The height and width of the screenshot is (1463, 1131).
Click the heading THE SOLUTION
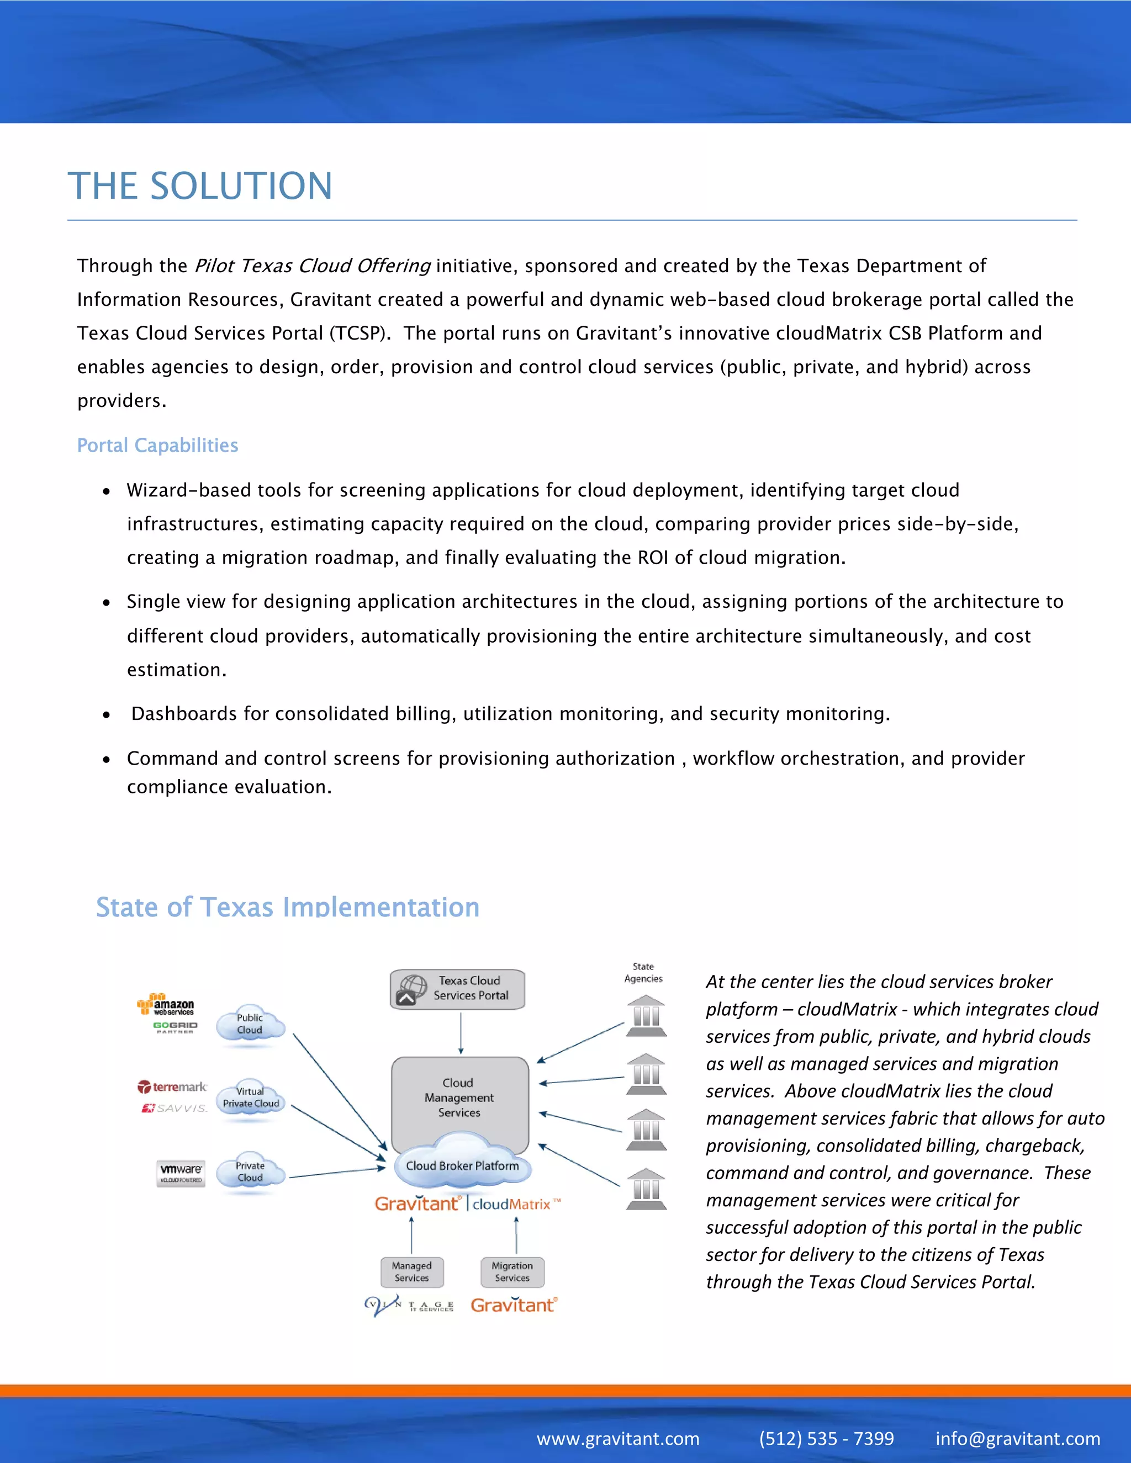point(200,185)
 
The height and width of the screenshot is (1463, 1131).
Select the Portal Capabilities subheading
point(157,446)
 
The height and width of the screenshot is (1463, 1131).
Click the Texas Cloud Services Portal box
point(458,989)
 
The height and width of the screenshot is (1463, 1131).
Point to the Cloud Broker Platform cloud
point(462,1165)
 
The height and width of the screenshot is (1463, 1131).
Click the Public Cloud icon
point(250,1024)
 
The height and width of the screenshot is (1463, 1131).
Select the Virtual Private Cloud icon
point(251,1098)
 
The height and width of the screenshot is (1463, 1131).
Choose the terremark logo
point(173,1086)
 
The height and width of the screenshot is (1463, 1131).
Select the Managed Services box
point(411,1271)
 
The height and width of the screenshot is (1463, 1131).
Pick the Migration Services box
point(512,1271)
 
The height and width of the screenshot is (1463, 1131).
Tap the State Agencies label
point(643,972)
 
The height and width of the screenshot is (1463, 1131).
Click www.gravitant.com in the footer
point(618,1438)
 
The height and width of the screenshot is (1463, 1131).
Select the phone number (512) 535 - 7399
point(826,1438)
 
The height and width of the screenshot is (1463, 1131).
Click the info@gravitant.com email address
point(1017,1438)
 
